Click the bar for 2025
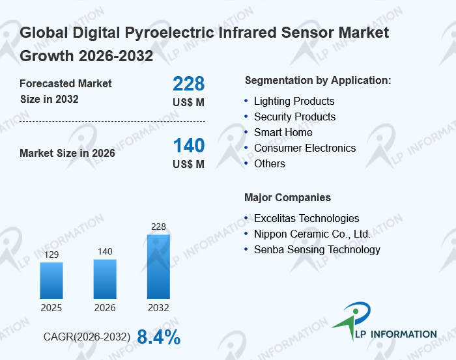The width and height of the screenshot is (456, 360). [51, 281]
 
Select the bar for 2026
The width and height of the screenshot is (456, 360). [105, 279]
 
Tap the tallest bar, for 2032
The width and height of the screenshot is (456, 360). [158, 267]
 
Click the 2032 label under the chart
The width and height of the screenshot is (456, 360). [158, 307]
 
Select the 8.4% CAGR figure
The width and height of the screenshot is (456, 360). [159, 337]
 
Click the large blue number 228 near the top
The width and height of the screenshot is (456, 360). [188, 84]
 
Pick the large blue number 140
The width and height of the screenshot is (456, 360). [188, 145]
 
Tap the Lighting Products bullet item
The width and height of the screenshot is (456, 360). [294, 101]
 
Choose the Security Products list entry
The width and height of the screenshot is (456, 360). [294, 117]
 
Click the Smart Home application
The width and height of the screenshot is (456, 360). [283, 132]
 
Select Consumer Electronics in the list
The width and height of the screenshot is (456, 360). [305, 148]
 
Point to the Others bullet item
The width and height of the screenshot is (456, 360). [270, 163]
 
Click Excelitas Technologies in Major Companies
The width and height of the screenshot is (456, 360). [306, 218]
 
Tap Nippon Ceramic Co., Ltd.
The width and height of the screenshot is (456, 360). [312, 234]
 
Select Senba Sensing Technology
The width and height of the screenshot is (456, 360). [317, 249]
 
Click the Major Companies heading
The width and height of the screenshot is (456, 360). [287, 197]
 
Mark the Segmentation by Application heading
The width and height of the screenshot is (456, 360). [318, 80]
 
